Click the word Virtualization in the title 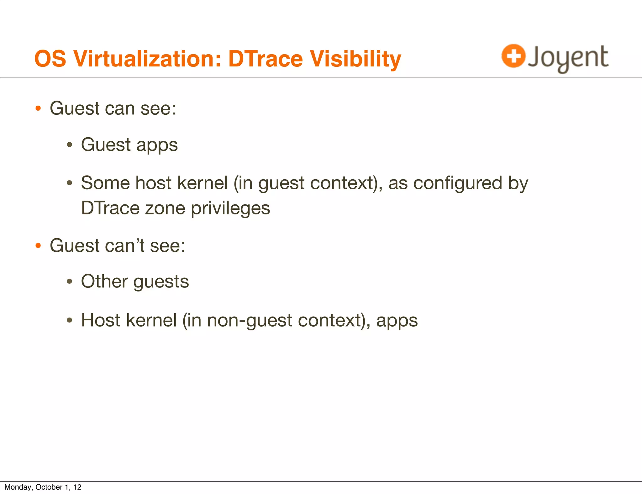click(147, 59)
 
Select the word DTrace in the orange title click(265, 59)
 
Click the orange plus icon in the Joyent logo click(513, 56)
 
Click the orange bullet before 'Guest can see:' click(38, 109)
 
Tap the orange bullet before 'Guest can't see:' click(38, 245)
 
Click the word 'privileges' click(230, 208)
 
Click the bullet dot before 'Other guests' click(70, 281)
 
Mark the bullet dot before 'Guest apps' click(70, 145)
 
